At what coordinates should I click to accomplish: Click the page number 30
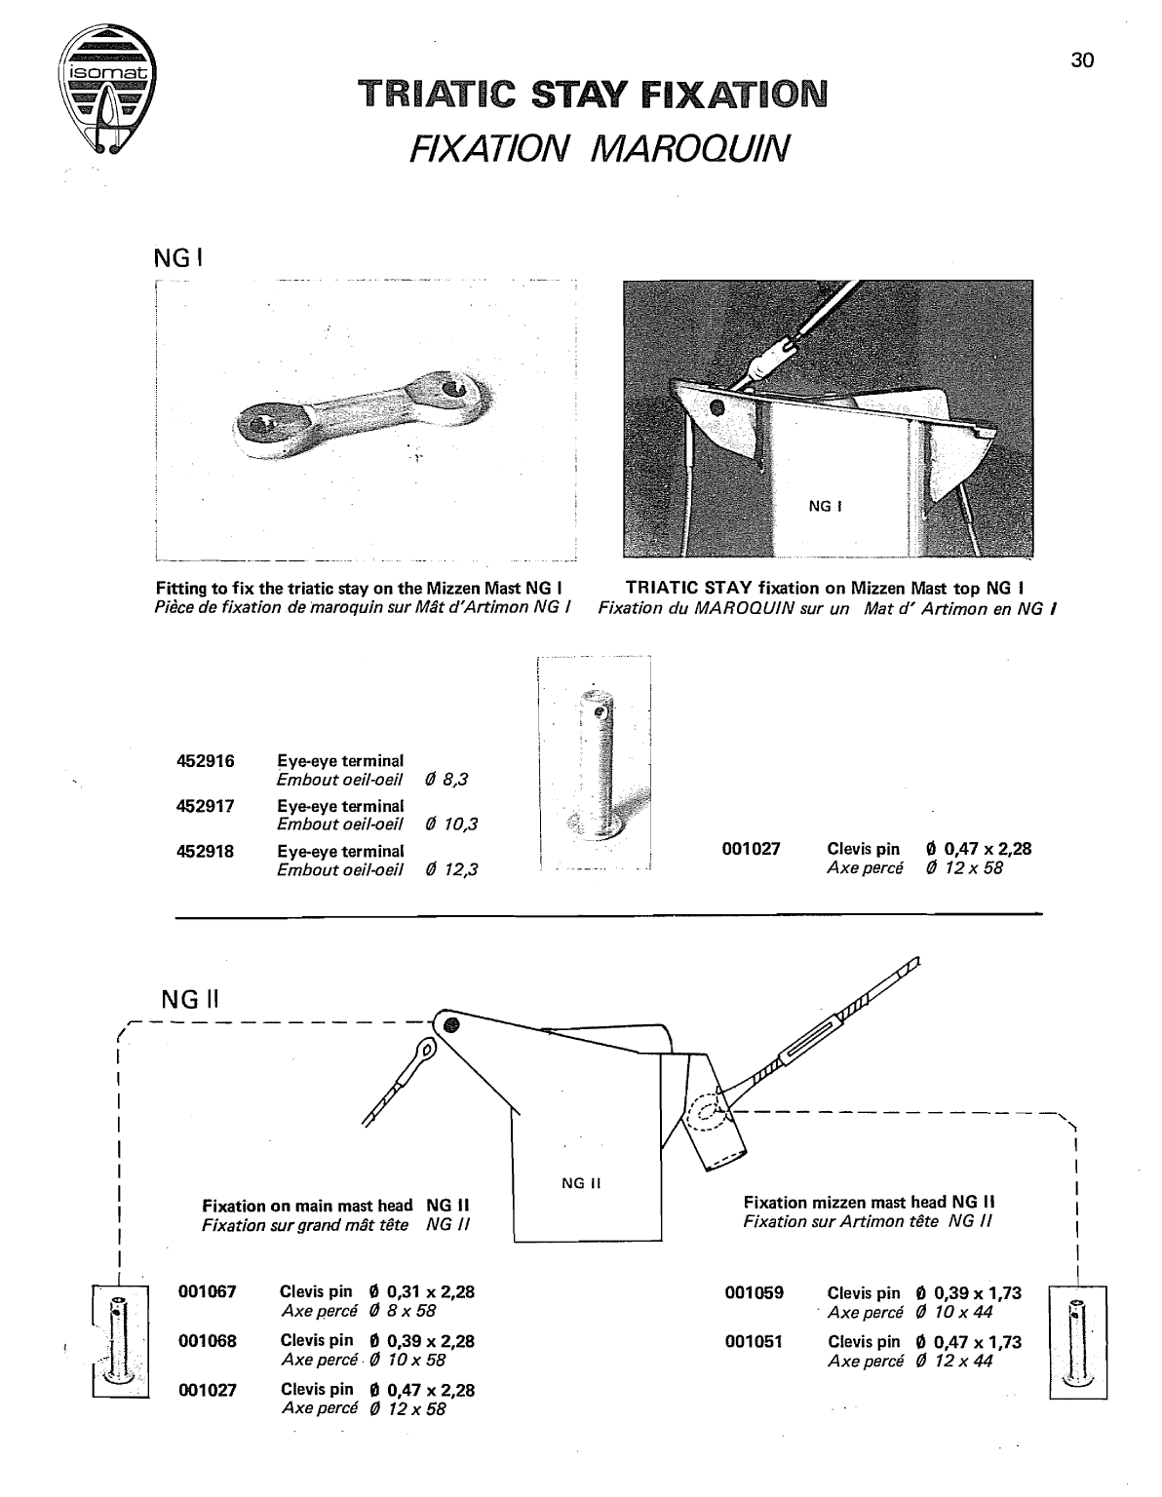pos(1082,60)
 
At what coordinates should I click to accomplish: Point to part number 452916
pos(205,761)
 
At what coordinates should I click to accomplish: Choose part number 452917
pos(205,806)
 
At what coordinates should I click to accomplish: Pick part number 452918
pos(205,851)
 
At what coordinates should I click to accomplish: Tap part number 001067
pos(208,1292)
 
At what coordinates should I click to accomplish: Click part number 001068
pos(208,1340)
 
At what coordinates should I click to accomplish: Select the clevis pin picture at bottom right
pos(1077,1341)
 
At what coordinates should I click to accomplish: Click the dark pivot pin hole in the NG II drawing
pos(450,1024)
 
